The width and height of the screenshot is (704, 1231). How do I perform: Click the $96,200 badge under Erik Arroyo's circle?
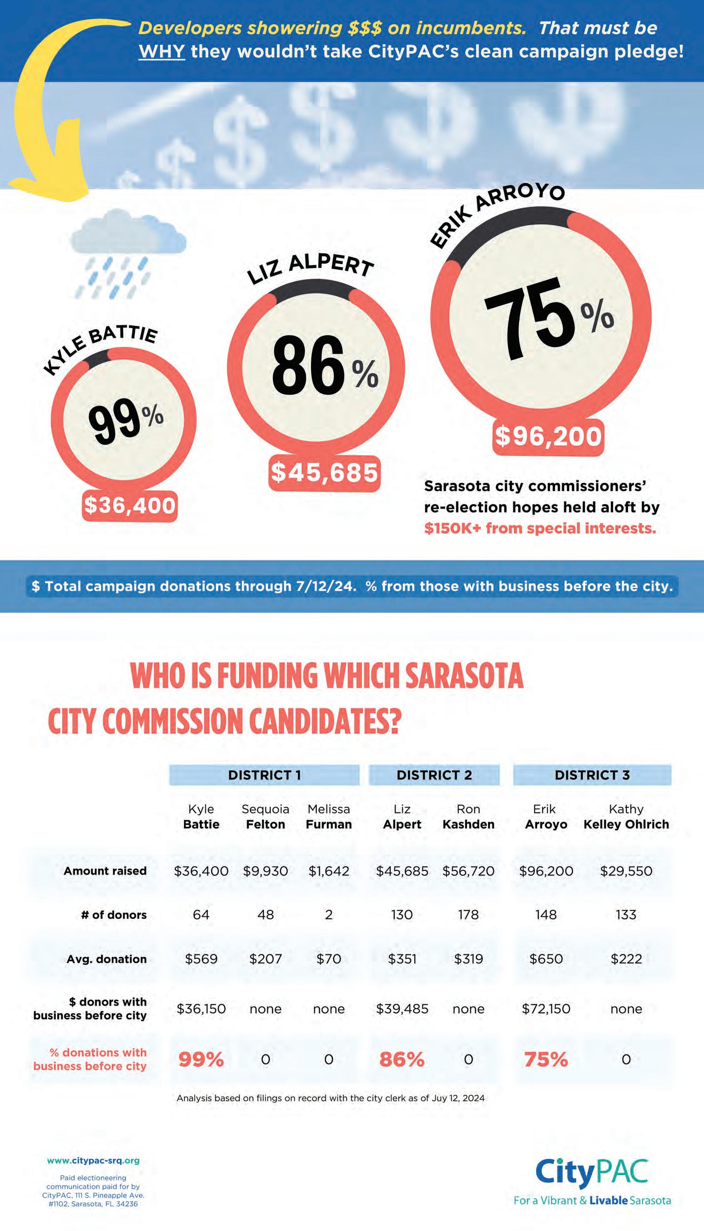[548, 437]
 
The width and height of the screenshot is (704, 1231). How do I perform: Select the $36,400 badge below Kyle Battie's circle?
[130, 506]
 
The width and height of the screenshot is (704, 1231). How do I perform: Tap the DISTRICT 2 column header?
[434, 775]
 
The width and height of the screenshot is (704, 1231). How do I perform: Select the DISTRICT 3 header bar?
[592, 775]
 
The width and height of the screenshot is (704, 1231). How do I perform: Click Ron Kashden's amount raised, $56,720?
[468, 871]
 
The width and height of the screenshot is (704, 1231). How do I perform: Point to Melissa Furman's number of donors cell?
[329, 915]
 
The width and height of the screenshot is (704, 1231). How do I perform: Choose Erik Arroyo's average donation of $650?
[546, 959]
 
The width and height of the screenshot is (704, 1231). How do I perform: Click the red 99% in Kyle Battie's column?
[201, 1059]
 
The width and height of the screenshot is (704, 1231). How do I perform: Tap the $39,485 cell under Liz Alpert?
[402, 1009]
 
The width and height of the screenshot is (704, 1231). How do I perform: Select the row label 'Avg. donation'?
[106, 959]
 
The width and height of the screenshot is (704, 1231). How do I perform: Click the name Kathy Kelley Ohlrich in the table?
[626, 817]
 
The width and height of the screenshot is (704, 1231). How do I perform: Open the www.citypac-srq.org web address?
[93, 1160]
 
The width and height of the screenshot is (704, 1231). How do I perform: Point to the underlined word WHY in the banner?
[161, 51]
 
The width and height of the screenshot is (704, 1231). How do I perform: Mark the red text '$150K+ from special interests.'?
[540, 528]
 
